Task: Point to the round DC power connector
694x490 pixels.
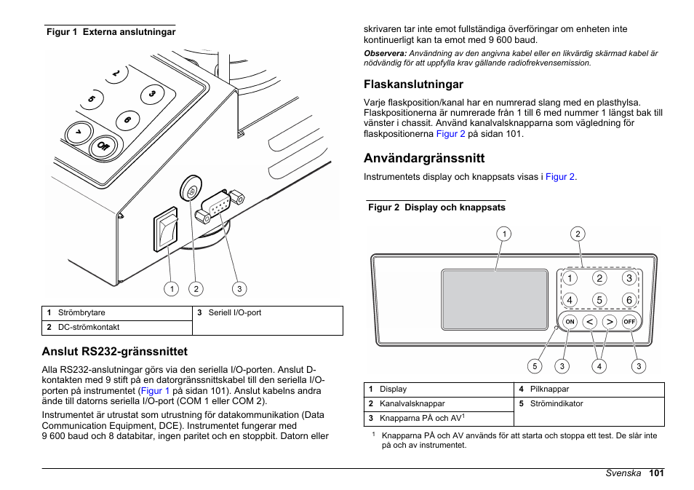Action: pyautogui.click(x=190, y=191)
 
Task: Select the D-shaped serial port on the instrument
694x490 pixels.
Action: pyautogui.click(x=218, y=207)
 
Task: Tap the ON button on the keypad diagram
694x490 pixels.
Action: pyautogui.click(x=570, y=321)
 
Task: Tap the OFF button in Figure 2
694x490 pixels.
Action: pyautogui.click(x=629, y=321)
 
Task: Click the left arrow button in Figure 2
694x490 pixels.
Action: pyautogui.click(x=590, y=321)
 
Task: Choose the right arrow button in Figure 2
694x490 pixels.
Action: pyautogui.click(x=610, y=321)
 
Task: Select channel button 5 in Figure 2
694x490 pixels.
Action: pyautogui.click(x=599, y=300)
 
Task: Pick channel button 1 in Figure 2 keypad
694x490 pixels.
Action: pyautogui.click(x=570, y=278)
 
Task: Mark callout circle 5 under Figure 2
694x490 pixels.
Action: pyautogui.click(x=535, y=366)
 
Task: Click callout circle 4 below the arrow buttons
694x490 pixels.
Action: pyautogui.click(x=599, y=366)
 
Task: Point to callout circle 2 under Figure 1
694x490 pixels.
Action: pyautogui.click(x=195, y=289)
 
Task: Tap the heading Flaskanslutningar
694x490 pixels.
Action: pyautogui.click(x=413, y=84)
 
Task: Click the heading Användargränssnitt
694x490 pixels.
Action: pyautogui.click(x=424, y=158)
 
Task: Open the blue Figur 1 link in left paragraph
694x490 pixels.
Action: pyautogui.click(x=156, y=391)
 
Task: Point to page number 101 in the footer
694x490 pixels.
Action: pyautogui.click(x=657, y=473)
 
